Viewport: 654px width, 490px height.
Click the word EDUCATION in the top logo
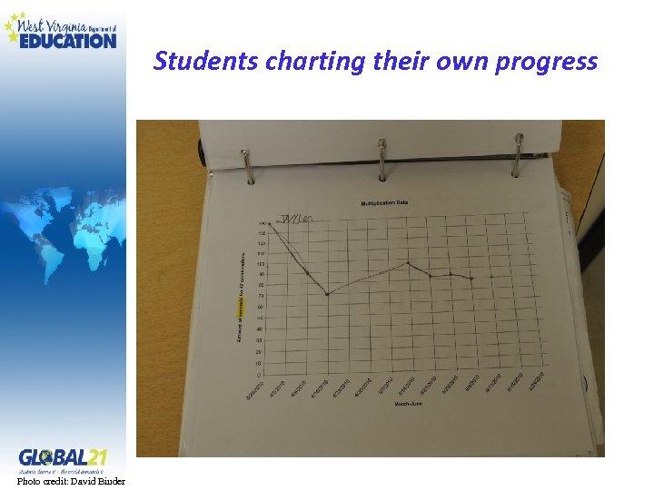tap(68, 40)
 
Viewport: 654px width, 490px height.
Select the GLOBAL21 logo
tap(63, 457)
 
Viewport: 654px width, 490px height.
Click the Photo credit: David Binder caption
tap(71, 481)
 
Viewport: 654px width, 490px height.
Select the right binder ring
tap(517, 152)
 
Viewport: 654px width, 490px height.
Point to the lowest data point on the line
tap(329, 294)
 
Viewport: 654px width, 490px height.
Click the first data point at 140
tap(270, 223)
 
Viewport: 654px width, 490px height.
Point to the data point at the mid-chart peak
tap(408, 263)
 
